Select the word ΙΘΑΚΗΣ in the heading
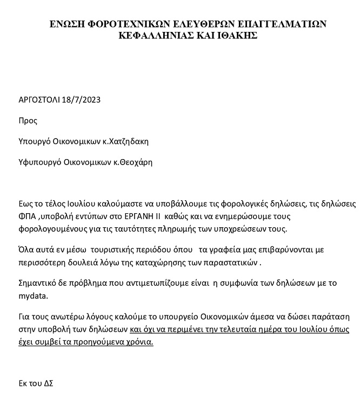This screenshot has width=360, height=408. point(235,35)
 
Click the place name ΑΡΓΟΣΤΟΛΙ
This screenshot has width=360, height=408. point(39,100)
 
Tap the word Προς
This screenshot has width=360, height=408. point(28,121)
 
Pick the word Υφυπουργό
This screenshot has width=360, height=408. point(39,162)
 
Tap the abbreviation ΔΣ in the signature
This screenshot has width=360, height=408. point(48,383)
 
